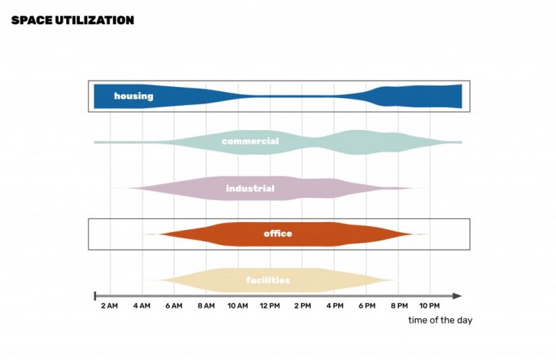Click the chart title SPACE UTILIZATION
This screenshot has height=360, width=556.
tap(72, 20)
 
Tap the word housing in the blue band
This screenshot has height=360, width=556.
tap(133, 96)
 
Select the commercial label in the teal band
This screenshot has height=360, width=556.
tap(250, 142)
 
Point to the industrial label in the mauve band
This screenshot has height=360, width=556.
tap(250, 188)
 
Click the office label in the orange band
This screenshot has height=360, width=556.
tap(277, 234)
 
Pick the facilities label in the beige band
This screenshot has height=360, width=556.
tap(267, 280)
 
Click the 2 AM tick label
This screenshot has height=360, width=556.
tap(109, 306)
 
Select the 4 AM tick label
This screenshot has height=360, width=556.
tap(141, 306)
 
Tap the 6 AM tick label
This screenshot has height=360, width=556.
tap(173, 306)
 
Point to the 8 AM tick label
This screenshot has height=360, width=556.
tap(205, 306)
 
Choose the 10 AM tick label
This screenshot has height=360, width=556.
tap(237, 306)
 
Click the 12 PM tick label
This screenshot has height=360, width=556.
tap(270, 306)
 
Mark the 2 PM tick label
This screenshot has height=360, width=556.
tap(302, 306)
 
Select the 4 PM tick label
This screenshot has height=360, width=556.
tap(334, 306)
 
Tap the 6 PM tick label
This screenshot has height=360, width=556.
tap(366, 306)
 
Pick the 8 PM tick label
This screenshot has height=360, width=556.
tap(398, 306)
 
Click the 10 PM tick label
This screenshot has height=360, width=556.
tap(430, 306)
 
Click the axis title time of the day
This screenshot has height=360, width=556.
tap(439, 320)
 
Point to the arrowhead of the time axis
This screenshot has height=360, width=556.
tap(457, 295)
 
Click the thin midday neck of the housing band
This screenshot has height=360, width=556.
tap(289, 96)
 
